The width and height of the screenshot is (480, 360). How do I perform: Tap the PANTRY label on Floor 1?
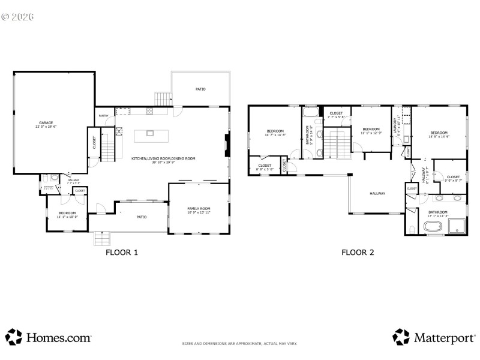pos(104,116)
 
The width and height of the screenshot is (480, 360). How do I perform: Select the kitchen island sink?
pos(149,133)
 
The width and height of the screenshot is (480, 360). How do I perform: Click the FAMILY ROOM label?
pos(199,208)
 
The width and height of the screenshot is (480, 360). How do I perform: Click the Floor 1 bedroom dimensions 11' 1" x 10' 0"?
pos(67,217)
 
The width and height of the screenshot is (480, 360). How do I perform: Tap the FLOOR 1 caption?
pos(122,253)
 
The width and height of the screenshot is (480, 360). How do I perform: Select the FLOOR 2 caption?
pos(358,253)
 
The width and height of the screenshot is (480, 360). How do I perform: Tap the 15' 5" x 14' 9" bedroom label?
pos(439,135)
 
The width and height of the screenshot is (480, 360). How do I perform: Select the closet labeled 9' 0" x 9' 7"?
pos(453,178)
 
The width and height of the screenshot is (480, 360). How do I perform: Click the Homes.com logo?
pos(49,338)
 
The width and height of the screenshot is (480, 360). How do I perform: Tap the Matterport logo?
pos(433,338)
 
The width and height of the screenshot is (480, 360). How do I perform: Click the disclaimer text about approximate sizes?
pos(239,344)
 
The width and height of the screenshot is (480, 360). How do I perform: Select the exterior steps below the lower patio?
pos(102,238)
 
